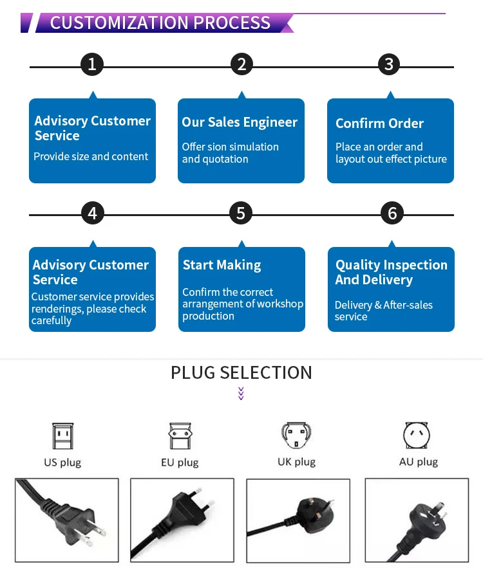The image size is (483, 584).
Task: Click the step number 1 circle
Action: point(92,64)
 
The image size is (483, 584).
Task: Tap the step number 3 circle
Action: point(388,64)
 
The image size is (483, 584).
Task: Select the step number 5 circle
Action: point(241,213)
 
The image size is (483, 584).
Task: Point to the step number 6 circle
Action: point(392,213)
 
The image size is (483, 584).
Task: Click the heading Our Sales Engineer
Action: point(240,122)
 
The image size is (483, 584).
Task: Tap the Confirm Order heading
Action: point(379,123)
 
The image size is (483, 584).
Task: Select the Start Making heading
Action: point(222,265)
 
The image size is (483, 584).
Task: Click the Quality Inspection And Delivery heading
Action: point(391,272)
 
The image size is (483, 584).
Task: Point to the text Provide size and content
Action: point(91,156)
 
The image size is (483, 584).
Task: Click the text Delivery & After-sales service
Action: point(383,311)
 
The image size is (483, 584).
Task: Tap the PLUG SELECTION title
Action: point(241,372)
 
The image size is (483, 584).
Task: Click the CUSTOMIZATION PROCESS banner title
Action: point(160,23)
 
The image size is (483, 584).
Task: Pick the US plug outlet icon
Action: point(62,436)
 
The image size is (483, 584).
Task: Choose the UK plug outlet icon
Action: point(296,436)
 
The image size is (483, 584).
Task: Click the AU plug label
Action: point(418,462)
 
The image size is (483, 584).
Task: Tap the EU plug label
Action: point(180,462)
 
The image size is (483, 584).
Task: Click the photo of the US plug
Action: point(67,520)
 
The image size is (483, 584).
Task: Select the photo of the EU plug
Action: point(182,520)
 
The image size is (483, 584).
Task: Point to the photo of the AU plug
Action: point(417,520)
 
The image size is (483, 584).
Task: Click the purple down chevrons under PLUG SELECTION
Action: point(241,393)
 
